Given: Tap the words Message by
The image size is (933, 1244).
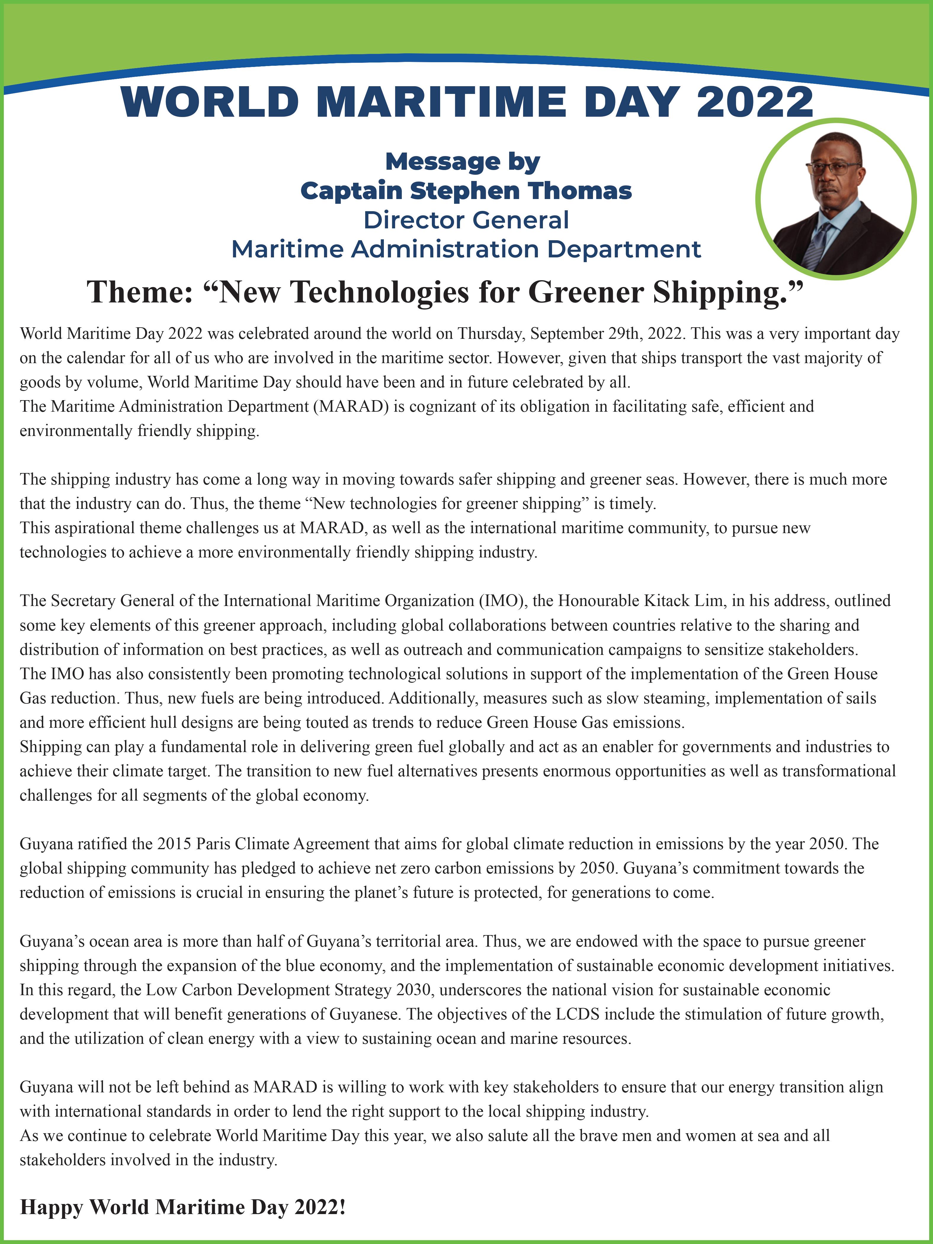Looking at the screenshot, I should click(x=462, y=162).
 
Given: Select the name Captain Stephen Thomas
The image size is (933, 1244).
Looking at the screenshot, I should click(x=466, y=191).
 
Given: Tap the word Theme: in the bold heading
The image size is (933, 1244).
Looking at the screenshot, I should click(x=141, y=292).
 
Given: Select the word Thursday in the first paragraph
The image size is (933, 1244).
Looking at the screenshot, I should click(x=491, y=334).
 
